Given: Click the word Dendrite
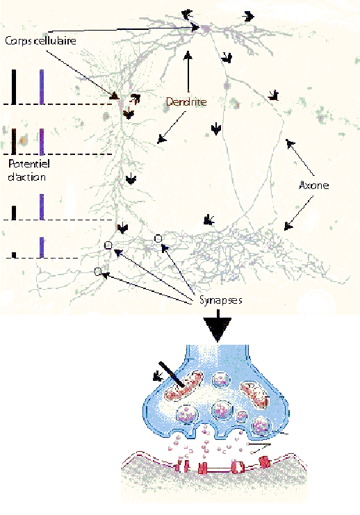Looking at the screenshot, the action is click(x=186, y=101).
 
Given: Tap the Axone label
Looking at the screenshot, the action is click(x=313, y=186).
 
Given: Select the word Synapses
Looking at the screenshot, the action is click(x=221, y=300).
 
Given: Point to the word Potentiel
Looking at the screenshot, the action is click(x=29, y=163).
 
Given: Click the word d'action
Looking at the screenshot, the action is click(x=26, y=177).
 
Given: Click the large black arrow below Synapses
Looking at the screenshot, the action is click(x=217, y=329).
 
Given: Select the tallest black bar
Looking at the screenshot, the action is click(x=13, y=87).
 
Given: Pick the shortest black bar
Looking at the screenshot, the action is click(x=13, y=255).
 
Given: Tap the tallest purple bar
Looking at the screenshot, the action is click(x=42, y=87).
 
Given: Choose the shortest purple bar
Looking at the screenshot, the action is click(x=42, y=247).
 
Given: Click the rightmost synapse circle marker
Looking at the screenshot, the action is click(x=158, y=238).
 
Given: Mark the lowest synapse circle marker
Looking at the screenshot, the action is click(x=97, y=272).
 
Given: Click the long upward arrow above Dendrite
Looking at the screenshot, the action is click(x=188, y=72).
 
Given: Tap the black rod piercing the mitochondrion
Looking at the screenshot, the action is click(x=172, y=374).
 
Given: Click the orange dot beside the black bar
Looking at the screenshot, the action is click(x=22, y=140).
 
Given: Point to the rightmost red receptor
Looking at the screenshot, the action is click(x=264, y=461).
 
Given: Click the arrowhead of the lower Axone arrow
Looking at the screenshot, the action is click(x=288, y=226).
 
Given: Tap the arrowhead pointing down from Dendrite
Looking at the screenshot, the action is click(x=161, y=139).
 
